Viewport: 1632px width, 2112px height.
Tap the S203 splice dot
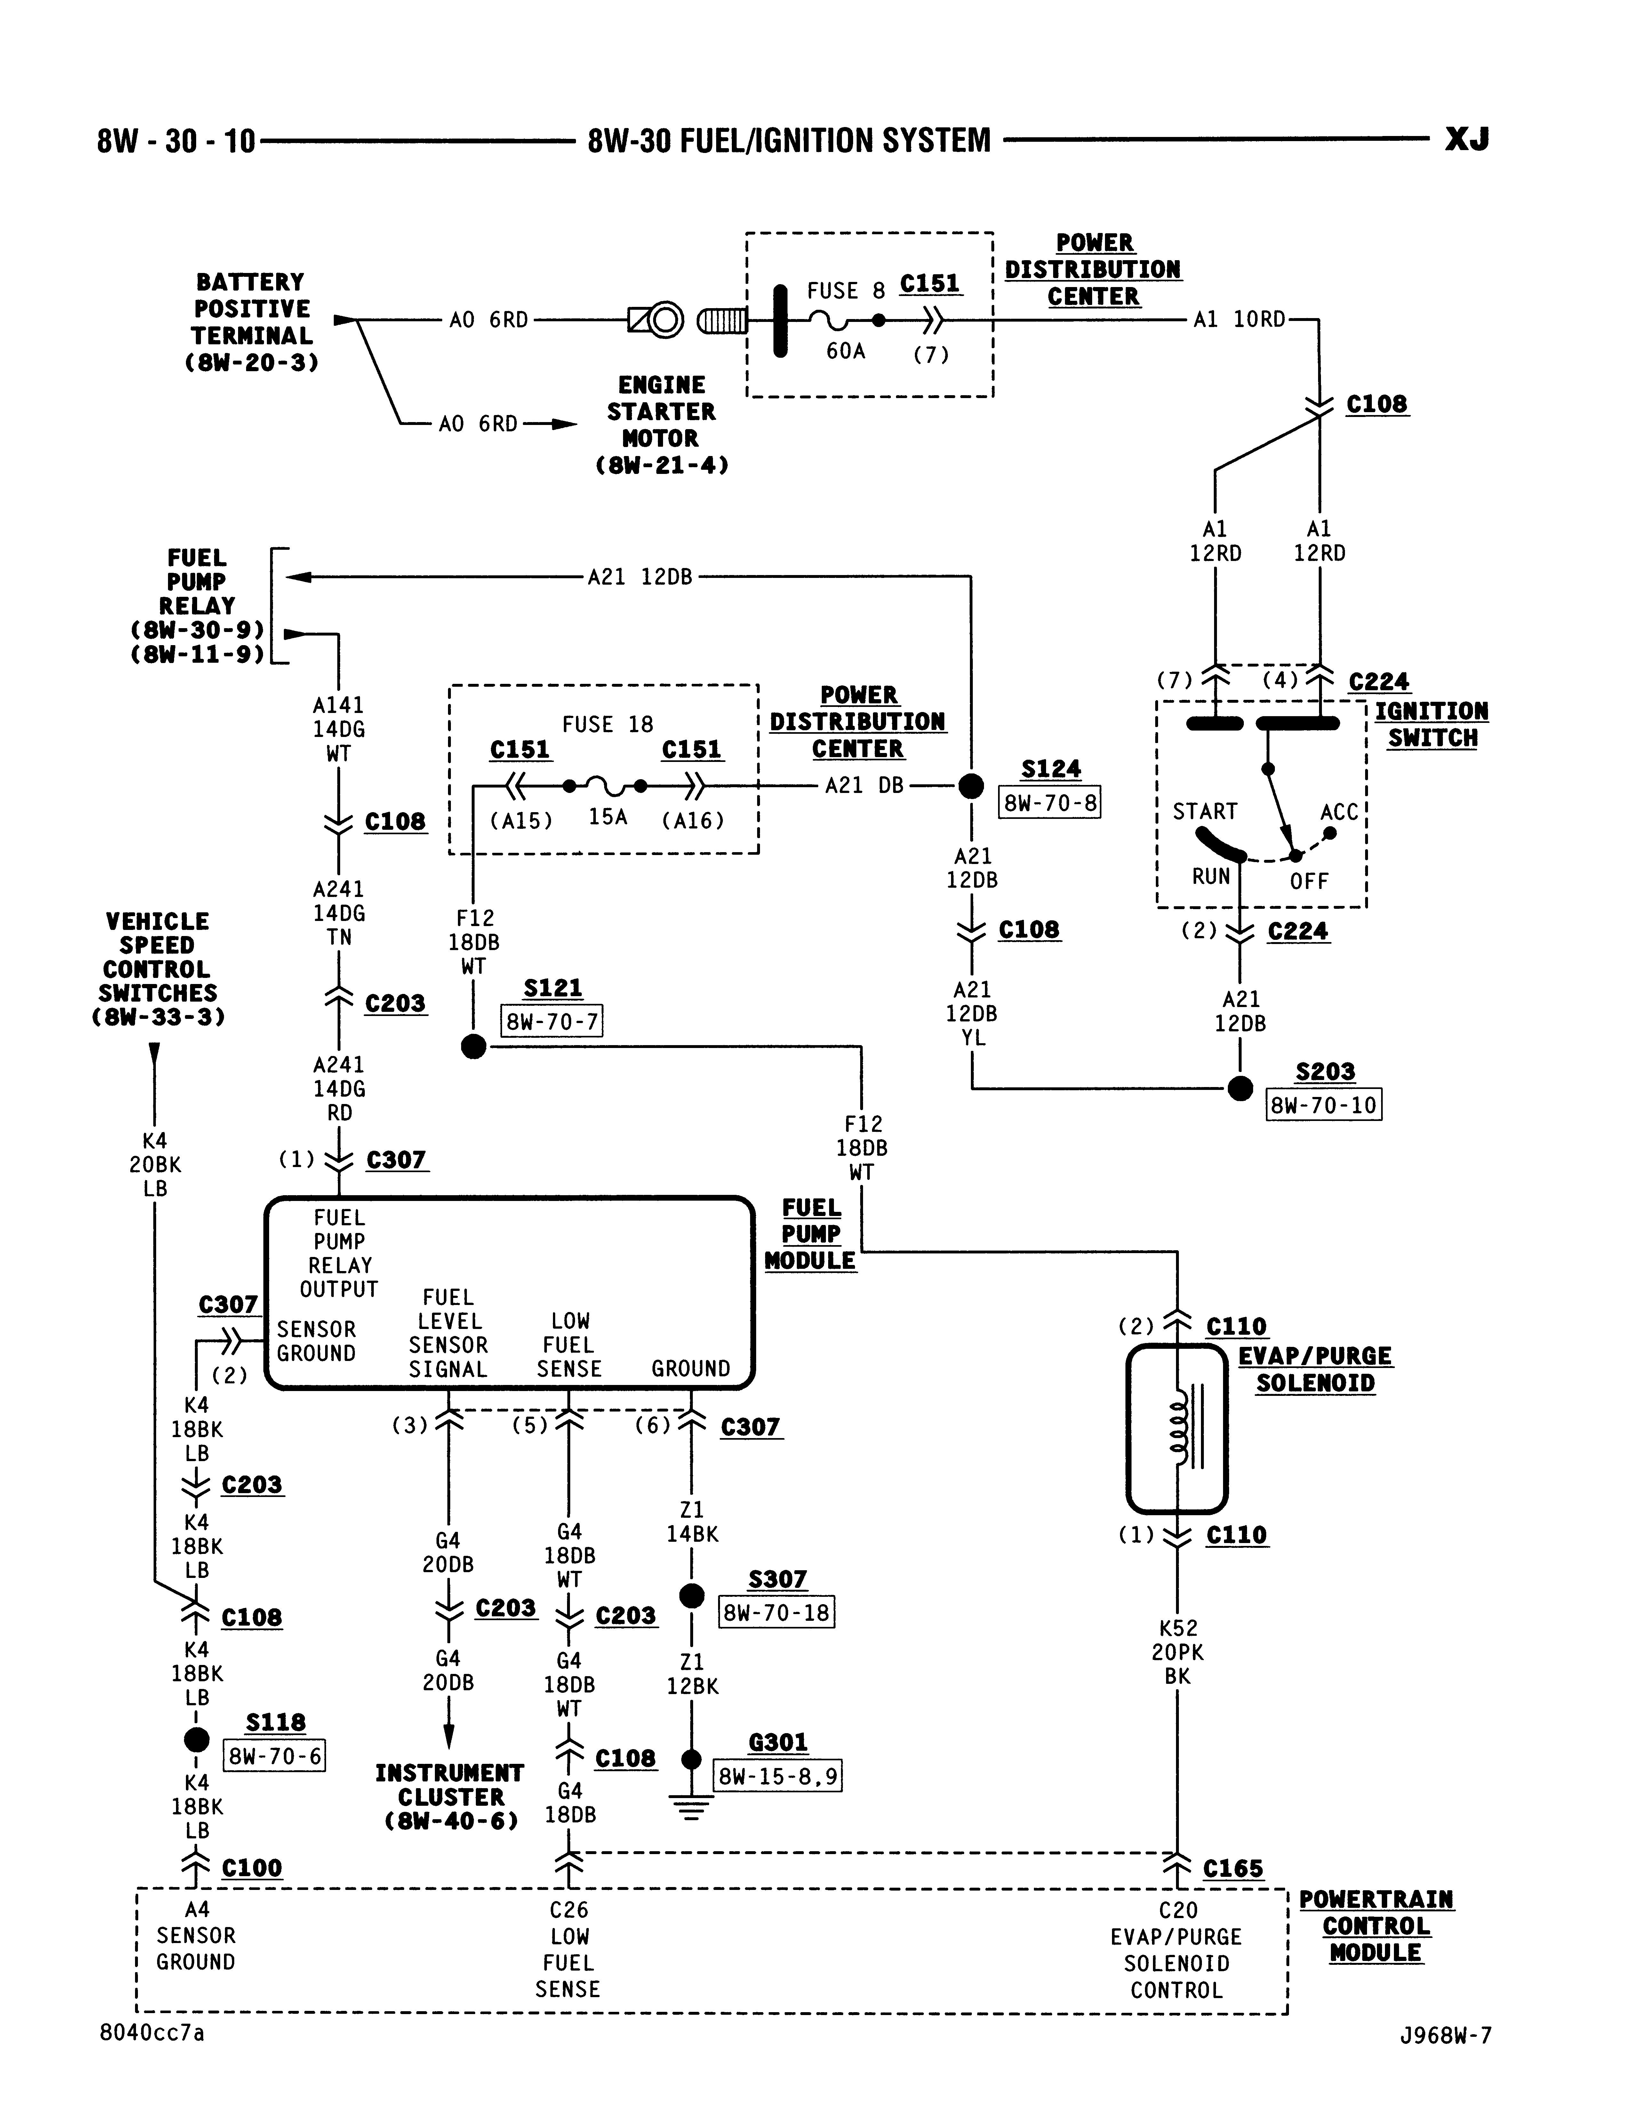(1240, 1089)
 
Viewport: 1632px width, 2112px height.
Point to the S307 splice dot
(692, 1596)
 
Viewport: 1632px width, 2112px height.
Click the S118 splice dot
(196, 1740)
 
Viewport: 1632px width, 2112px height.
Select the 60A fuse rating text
(846, 351)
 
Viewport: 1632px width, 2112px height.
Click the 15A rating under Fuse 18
(608, 817)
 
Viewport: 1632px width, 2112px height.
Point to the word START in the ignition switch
(1205, 811)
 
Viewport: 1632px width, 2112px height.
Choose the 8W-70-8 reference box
(1050, 803)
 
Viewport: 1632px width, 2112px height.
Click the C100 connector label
(252, 1867)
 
